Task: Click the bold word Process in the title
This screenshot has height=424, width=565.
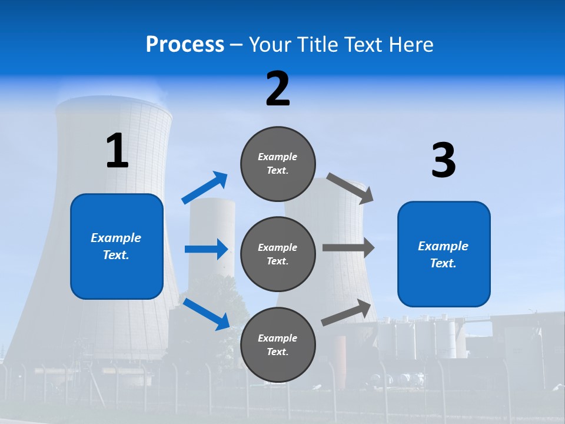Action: click(x=185, y=44)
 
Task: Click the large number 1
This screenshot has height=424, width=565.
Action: click(x=117, y=151)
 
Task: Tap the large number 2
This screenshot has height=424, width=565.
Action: click(x=278, y=89)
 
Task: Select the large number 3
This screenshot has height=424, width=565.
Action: click(x=443, y=160)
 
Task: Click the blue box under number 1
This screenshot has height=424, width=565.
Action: click(x=117, y=246)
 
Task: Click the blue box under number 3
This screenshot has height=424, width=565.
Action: click(x=444, y=254)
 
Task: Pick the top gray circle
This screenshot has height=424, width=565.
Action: click(x=278, y=164)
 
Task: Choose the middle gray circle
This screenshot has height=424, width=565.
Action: click(x=278, y=254)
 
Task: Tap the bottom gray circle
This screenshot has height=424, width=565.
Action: click(x=278, y=344)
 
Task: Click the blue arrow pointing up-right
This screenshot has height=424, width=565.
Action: click(x=204, y=188)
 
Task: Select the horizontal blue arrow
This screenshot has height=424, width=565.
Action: click(x=206, y=249)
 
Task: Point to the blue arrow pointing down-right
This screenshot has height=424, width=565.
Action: click(x=206, y=313)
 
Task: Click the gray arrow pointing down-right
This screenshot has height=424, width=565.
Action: click(x=350, y=188)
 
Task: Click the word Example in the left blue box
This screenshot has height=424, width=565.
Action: click(x=116, y=238)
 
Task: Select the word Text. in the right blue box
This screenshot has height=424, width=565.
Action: click(x=443, y=263)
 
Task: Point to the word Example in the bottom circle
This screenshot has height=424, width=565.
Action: click(x=277, y=338)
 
